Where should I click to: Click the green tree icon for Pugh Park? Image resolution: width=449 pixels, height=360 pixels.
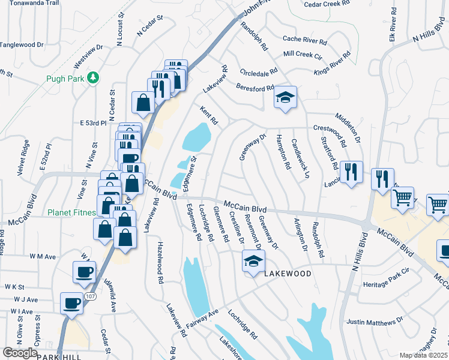92,78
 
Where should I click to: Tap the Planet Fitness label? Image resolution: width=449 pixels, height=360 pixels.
73,212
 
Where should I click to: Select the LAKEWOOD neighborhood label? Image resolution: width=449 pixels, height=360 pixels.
288,274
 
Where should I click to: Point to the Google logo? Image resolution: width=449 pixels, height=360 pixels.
19,353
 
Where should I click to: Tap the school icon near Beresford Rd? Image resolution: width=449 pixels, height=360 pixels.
285,97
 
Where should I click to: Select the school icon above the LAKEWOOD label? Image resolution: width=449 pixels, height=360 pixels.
253,260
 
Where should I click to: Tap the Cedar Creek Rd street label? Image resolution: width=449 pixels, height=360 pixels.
326,3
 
